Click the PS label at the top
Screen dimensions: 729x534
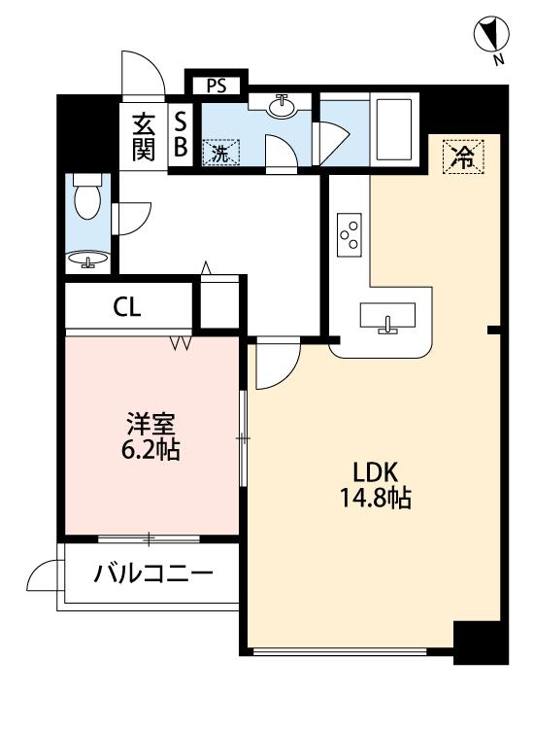pos(217,85)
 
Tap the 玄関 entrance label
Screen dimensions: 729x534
pos(144,137)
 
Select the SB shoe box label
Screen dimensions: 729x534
pos(180,137)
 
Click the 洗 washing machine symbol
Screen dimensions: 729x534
pos(220,152)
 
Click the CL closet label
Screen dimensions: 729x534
pos(127,308)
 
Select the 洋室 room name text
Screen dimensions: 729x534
pos(150,425)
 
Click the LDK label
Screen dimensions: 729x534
pos(375,473)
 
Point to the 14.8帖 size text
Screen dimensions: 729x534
pos(375,500)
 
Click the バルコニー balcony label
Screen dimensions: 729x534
pos(152,573)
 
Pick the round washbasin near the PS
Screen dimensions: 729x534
pos(283,104)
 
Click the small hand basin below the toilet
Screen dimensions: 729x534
pos(89,260)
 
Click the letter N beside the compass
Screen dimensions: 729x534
pos(498,61)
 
